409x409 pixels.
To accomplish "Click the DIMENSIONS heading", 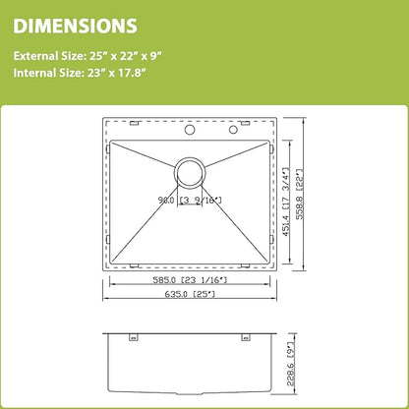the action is coord(75,26).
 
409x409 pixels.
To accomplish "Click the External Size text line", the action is coord(88,56).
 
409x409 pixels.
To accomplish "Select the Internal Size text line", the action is coord(80,73).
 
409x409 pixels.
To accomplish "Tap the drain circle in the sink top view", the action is coord(190,173).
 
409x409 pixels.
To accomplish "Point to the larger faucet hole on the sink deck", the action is coord(190,130).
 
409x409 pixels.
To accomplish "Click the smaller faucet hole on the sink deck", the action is coord(233,130).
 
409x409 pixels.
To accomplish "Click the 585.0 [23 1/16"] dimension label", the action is coord(190,280).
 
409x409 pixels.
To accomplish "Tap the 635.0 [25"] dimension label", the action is coord(190,294).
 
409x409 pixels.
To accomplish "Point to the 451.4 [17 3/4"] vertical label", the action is coord(285,203).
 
